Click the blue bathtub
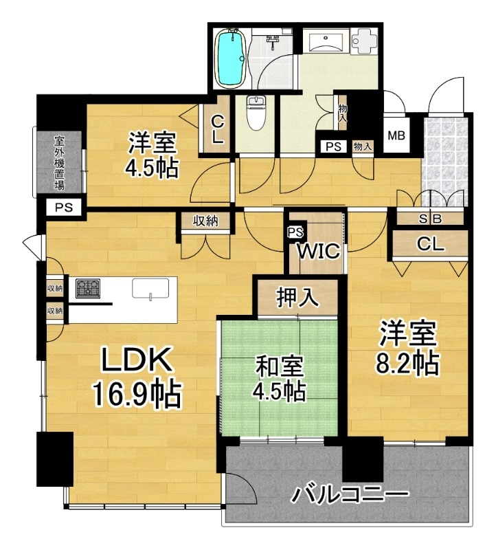pyautogui.click(x=231, y=58)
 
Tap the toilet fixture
pyautogui.click(x=256, y=113)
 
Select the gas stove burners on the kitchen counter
pyautogui.click(x=88, y=288)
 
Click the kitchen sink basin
pyautogui.click(x=150, y=289)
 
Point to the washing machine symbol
pyautogui.click(x=364, y=41)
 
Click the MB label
pyautogui.click(x=396, y=135)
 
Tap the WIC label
pyautogui.click(x=319, y=250)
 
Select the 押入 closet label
pyautogui.click(x=297, y=298)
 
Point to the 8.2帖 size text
pyautogui.click(x=407, y=363)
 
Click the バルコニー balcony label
pyautogui.click(x=350, y=494)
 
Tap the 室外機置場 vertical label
pyautogui.click(x=59, y=163)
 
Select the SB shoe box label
pyautogui.click(x=430, y=219)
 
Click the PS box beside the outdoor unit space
pyautogui.click(x=64, y=208)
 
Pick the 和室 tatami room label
pyautogui.click(x=280, y=366)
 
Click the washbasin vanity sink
pyautogui.click(x=326, y=42)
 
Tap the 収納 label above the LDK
pyautogui.click(x=206, y=221)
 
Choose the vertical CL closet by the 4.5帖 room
pyautogui.click(x=217, y=130)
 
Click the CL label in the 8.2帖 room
pyautogui.click(x=430, y=244)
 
